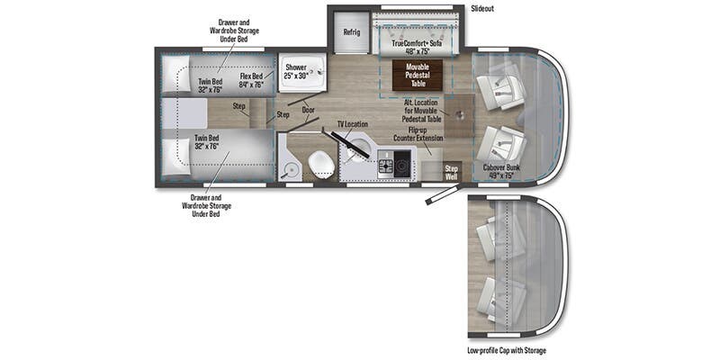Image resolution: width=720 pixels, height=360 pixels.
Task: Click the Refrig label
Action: (351, 32)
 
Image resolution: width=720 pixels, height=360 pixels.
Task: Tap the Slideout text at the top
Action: (481, 8)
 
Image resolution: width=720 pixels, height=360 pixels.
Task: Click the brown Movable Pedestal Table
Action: (417, 74)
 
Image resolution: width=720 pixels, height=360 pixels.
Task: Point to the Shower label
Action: (296, 71)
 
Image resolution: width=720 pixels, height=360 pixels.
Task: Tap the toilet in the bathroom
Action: (319, 164)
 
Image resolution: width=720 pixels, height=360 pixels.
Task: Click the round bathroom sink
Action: (290, 167)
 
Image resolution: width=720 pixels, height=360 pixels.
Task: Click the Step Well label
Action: (452, 171)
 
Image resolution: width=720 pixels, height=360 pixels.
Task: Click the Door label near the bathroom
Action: (308, 112)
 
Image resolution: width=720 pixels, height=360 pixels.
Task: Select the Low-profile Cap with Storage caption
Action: (506, 349)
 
